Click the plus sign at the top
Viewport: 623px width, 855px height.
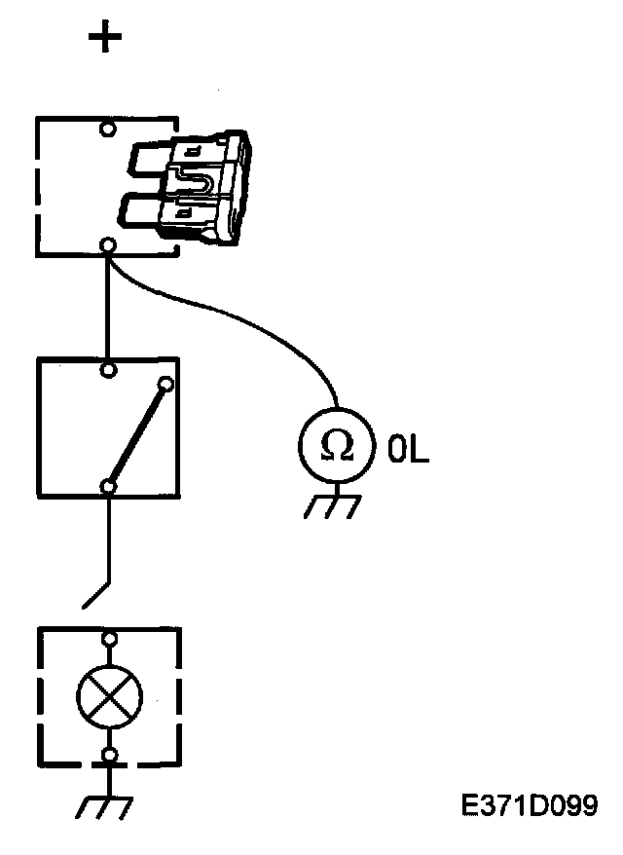click(x=105, y=38)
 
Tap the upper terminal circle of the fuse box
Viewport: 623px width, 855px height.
click(x=109, y=128)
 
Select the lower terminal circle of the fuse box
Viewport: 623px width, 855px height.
click(x=109, y=244)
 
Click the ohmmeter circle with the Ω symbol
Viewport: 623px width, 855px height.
click(x=337, y=446)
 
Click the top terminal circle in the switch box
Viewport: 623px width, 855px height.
click(x=109, y=369)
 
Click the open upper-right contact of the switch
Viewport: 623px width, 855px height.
click(x=166, y=385)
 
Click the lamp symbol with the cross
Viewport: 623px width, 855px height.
click(x=110, y=695)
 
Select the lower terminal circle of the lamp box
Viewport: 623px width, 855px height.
click(x=110, y=755)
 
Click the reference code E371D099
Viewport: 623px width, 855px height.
click(x=531, y=805)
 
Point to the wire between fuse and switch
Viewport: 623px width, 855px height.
click(x=109, y=307)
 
